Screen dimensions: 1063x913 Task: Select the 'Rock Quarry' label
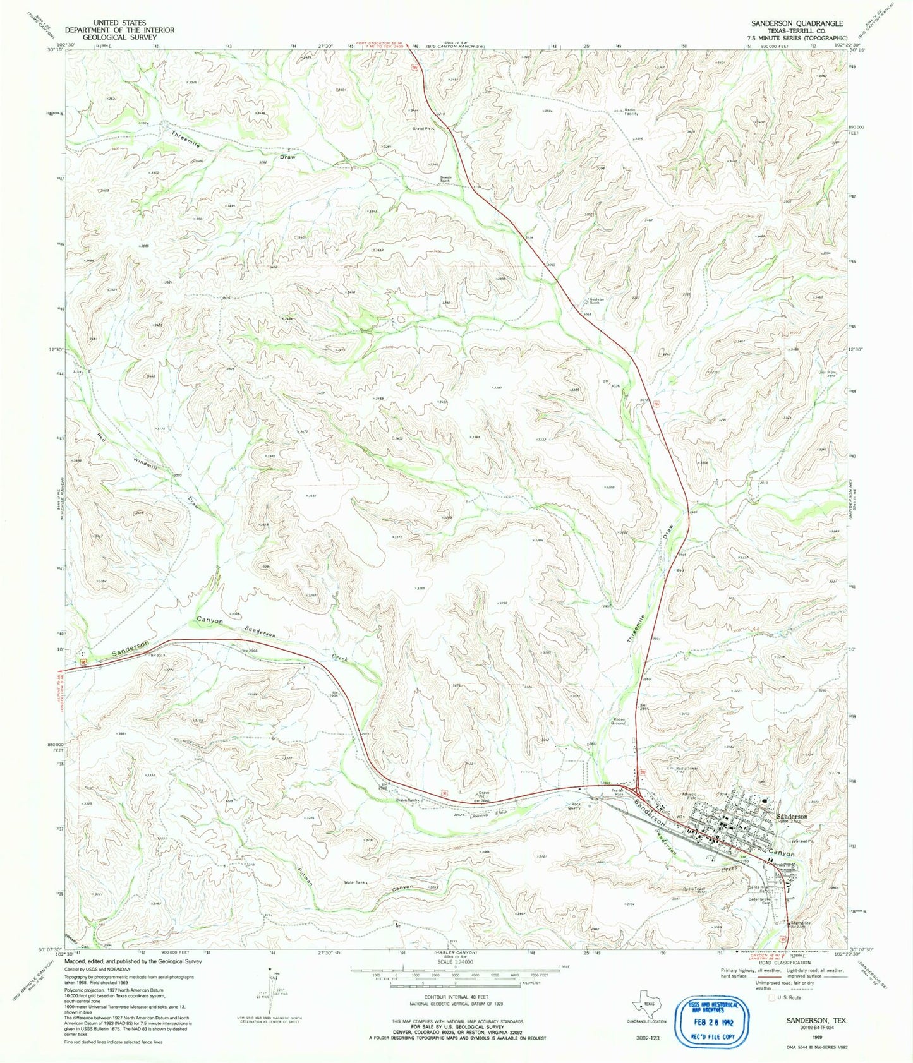click(x=574, y=806)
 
